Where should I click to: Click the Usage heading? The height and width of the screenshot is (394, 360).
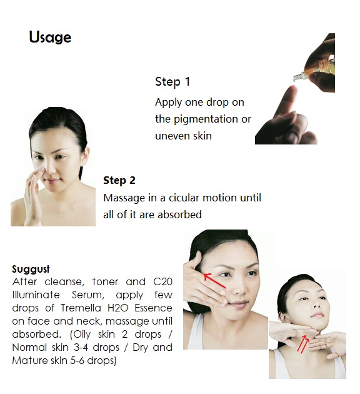pos(50,37)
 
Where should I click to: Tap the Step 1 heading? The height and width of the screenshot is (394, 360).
pos(172,82)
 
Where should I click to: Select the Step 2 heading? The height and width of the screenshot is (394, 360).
pos(119,180)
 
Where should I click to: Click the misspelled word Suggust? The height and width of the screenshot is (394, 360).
pos(31,270)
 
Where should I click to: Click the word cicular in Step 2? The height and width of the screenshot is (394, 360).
pos(184,198)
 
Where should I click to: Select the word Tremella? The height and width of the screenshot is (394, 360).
pos(81,308)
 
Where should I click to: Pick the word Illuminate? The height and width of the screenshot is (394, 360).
pos(36,295)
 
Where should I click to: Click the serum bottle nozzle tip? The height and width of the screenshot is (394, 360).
pos(295,78)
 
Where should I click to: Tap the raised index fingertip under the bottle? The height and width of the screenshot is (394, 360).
pos(292,89)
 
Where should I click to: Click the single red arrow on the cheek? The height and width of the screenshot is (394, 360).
pos(215,281)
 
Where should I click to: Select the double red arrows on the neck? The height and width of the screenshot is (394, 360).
pos(303,344)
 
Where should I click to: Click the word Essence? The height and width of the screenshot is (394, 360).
pos(153,308)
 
